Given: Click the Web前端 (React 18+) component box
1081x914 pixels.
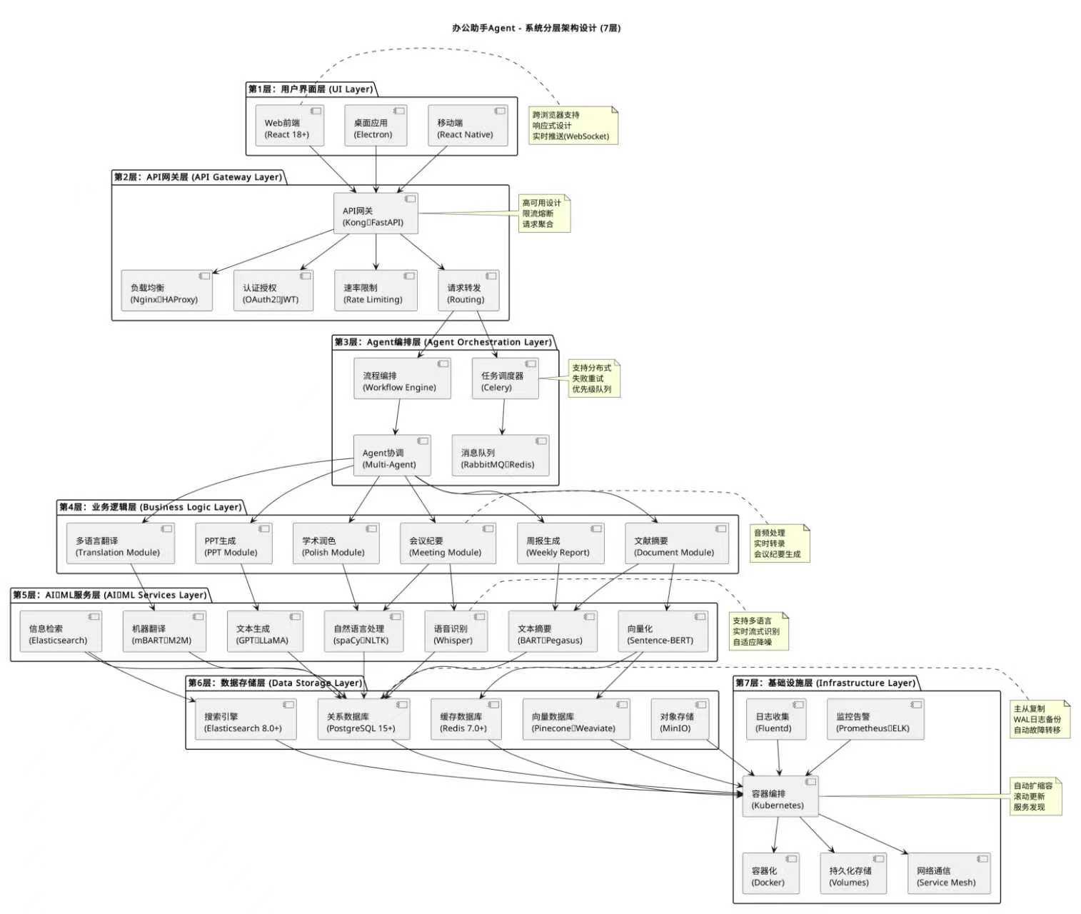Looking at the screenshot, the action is tap(290, 126).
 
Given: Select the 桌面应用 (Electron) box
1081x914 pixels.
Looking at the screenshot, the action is tap(376, 126).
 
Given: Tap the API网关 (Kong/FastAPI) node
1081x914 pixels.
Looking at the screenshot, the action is tap(376, 214).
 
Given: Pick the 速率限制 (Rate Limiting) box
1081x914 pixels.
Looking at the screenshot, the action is tap(376, 291).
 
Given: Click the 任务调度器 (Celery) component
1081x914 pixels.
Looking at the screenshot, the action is tap(506, 378).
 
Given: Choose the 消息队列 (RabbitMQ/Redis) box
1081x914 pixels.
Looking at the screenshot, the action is tap(501, 455).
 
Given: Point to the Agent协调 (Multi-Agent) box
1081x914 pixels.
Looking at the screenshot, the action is tap(392, 455).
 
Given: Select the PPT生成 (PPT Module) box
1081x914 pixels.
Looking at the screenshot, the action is tap(233, 543).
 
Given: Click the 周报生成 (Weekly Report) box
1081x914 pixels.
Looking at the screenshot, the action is tap(560, 543).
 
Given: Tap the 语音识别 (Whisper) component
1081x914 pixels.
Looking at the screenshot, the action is tap(456, 631).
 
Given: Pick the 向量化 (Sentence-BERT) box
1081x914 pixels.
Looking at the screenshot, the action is tap(663, 631).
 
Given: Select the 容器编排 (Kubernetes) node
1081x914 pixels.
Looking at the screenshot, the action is tap(780, 795).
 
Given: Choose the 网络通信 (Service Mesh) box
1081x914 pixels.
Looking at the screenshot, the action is tap(949, 873).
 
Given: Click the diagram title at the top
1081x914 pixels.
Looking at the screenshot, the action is tap(537, 29).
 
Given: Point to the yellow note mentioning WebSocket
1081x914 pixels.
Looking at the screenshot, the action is tap(573, 126).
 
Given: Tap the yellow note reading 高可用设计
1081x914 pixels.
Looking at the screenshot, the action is tap(544, 214).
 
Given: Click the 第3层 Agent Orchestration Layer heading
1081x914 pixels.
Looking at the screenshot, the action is tap(443, 342).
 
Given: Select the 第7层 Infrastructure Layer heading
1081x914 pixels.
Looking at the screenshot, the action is tap(825, 683).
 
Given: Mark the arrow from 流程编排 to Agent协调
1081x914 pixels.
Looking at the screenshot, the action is tap(398, 417).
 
